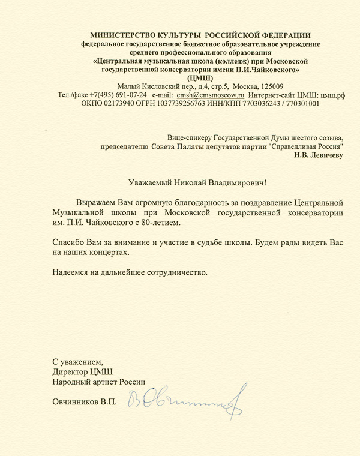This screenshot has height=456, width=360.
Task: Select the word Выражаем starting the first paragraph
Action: click(x=92, y=202)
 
